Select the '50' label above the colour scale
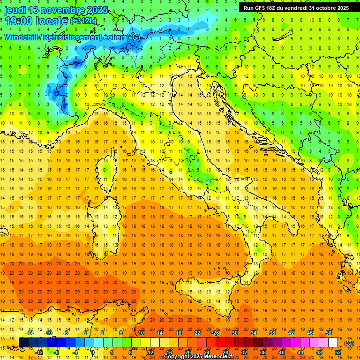(329, 333)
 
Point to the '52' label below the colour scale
(338, 352)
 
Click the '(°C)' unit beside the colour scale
(349, 343)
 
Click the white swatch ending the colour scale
(333, 342)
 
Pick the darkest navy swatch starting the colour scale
(23, 342)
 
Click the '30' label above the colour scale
(235, 333)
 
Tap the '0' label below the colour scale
(93, 352)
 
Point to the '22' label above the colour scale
(197, 333)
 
